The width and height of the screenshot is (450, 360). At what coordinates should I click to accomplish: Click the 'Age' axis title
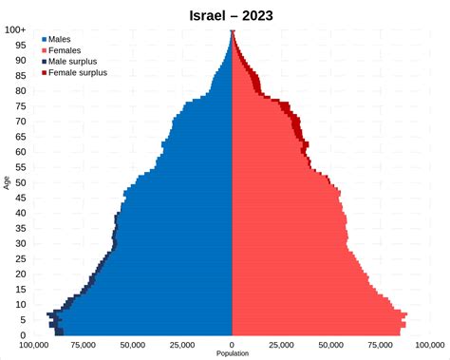pos(8,182)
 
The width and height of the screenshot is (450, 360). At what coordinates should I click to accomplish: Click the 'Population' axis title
pos(233,354)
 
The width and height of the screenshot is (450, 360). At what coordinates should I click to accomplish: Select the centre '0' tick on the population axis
pos(233,345)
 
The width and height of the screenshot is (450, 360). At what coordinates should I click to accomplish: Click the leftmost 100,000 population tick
pos(34,345)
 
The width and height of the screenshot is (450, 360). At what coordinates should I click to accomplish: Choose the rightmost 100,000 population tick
pos(430,345)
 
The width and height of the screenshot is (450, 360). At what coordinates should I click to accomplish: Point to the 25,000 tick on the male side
pos(183,345)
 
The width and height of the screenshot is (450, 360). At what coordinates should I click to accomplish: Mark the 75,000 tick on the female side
pos(381,345)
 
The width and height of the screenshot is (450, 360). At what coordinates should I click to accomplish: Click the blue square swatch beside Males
pos(44,39)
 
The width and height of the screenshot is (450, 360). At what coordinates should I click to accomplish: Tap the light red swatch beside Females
pos(44,50)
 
